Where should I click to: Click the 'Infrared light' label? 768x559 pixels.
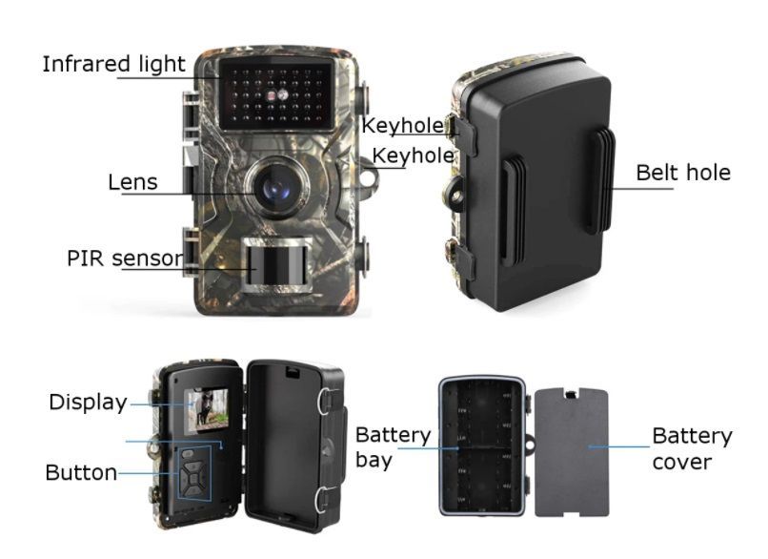pos(113,64)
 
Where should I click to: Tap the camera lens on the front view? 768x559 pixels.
pos(277,187)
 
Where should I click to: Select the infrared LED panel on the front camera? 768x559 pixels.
pos(276,94)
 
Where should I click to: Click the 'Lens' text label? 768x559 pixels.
pos(132,182)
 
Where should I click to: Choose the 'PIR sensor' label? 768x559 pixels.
pos(125,259)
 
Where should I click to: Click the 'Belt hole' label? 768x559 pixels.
pos(683,173)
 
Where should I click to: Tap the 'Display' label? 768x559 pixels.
pos(89,403)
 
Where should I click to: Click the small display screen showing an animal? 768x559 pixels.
pos(206,409)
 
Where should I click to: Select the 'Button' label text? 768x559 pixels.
pos(81,473)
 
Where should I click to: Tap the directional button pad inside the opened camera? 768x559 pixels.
pos(195,475)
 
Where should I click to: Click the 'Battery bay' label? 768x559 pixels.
pos(393,447)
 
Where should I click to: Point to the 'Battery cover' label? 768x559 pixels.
pos(692,448)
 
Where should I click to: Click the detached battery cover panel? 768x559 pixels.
pos(571,451)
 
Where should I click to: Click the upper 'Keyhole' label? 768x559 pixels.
pos(402,126)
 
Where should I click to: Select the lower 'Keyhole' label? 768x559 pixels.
pos(413,155)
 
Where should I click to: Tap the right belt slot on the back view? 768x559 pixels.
pos(603,180)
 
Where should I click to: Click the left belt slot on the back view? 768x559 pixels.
pos(514,210)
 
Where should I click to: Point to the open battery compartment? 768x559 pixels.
pos(482,446)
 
